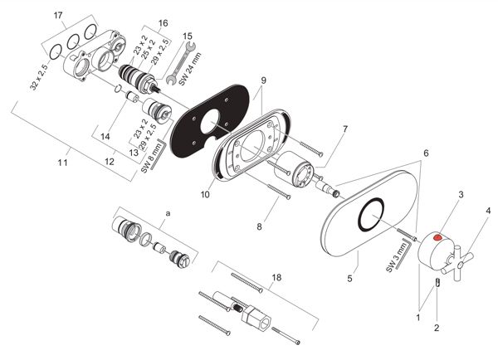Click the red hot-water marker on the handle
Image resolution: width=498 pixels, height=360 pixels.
click(x=438, y=237)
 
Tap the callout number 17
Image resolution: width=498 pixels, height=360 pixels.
click(x=58, y=15)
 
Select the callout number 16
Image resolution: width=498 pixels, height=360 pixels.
click(x=163, y=23)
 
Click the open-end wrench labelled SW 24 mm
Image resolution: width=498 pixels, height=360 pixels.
click(x=181, y=63)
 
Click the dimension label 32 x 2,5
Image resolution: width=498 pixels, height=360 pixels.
click(x=39, y=77)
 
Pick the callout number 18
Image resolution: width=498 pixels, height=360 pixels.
click(x=276, y=277)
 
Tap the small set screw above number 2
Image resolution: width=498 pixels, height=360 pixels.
click(x=437, y=282)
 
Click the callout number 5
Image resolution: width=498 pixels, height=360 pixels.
click(x=349, y=279)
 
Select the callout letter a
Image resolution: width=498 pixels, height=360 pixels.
click(x=168, y=213)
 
